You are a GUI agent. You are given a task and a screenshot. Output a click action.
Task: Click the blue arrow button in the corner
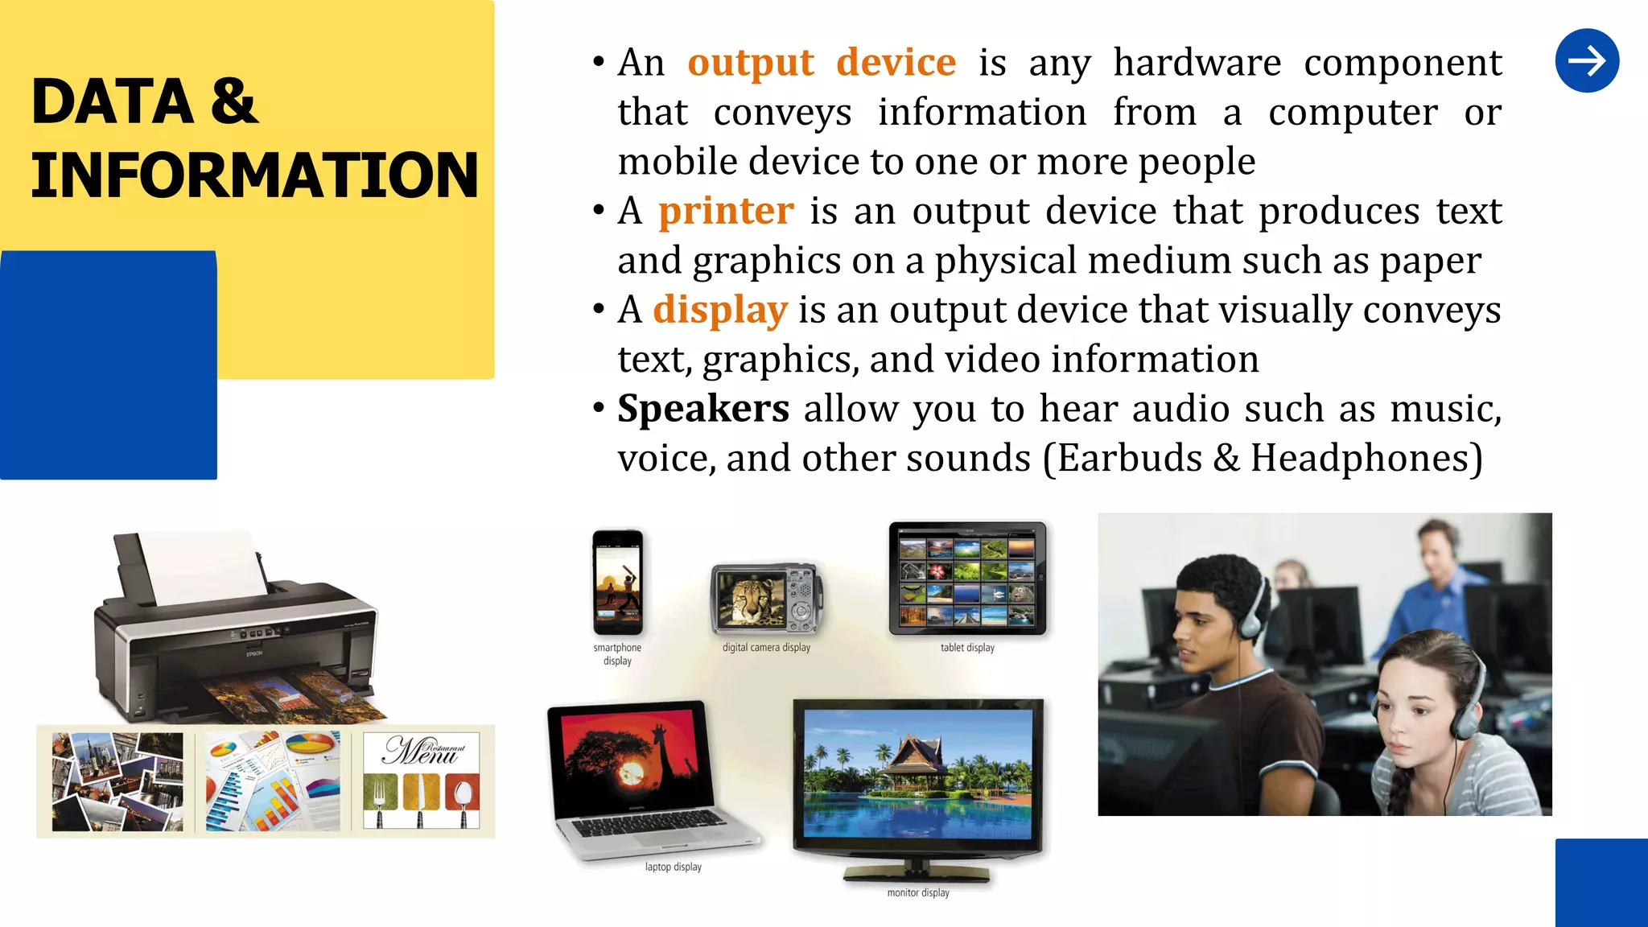pos(1587,61)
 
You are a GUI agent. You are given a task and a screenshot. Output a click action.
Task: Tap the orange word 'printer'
pos(726,212)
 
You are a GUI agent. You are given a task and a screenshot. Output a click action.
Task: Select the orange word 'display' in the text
pos(719,311)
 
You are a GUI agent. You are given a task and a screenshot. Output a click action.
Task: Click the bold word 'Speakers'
pos(702,409)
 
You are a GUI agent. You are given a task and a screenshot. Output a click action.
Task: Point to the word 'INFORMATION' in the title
pos(254,175)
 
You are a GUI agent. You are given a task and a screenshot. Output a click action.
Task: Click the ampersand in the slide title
pos(234,101)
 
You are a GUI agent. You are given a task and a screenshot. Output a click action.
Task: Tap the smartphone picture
pos(618,583)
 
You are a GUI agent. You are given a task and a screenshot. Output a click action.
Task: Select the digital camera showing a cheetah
pos(766,599)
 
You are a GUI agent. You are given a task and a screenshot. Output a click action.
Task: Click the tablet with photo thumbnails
pos(967,578)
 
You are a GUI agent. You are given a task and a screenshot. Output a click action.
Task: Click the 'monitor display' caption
pos(918,892)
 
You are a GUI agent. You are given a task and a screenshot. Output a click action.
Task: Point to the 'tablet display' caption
pos(967,648)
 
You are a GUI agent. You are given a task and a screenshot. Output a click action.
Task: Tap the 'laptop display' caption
pos(674,867)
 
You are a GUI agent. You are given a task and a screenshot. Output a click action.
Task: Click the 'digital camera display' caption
pos(766,647)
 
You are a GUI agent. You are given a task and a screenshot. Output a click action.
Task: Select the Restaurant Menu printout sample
pos(421,781)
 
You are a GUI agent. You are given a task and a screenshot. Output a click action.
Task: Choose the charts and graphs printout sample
pos(273,781)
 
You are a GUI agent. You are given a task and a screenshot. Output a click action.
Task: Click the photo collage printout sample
pos(117,781)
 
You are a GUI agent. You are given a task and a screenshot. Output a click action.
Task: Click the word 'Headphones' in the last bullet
pos(1366,459)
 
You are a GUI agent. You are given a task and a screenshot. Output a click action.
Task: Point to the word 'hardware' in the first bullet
pos(1197,63)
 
